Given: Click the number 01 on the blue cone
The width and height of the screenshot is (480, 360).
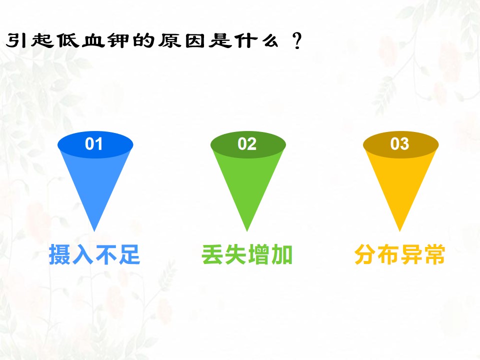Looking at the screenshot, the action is coord(93,143).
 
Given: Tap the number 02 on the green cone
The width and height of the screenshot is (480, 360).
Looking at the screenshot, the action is coord(246,143).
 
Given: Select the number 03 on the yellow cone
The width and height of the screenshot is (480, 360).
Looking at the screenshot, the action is coord(399,143).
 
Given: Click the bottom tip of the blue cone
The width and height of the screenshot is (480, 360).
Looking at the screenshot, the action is coord(94,231).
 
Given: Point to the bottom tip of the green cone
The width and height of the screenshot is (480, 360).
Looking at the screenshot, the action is coord(247,231).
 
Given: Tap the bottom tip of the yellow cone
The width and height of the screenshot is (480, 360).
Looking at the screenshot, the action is coord(399,231).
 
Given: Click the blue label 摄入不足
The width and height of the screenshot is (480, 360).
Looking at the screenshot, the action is coord(94,254).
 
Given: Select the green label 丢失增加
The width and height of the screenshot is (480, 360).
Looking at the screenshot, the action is coord(247,254).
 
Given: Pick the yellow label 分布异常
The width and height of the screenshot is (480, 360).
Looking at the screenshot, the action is coord(399,254).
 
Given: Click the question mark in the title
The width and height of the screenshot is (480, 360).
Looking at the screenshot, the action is coord(297,41).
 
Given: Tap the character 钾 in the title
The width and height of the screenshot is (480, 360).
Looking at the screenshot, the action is coord(118,40).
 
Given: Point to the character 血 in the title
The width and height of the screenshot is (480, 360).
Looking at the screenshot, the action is coord(93,40).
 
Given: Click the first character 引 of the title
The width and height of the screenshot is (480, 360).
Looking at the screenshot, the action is coord(16,40).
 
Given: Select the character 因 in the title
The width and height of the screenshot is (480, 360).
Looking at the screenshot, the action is coord(194,40).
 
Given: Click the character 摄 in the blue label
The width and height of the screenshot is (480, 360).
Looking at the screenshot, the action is coord(60,254).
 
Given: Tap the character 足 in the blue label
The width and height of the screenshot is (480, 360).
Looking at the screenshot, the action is coord(129,254).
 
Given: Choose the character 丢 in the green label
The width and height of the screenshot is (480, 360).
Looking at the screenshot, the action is coord(212,254).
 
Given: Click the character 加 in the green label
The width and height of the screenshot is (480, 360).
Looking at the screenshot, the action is coord(282,254).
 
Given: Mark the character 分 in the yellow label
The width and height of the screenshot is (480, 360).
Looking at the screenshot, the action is coord(365,254).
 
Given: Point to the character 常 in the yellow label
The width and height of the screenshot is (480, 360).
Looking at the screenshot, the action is coord(434,254).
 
